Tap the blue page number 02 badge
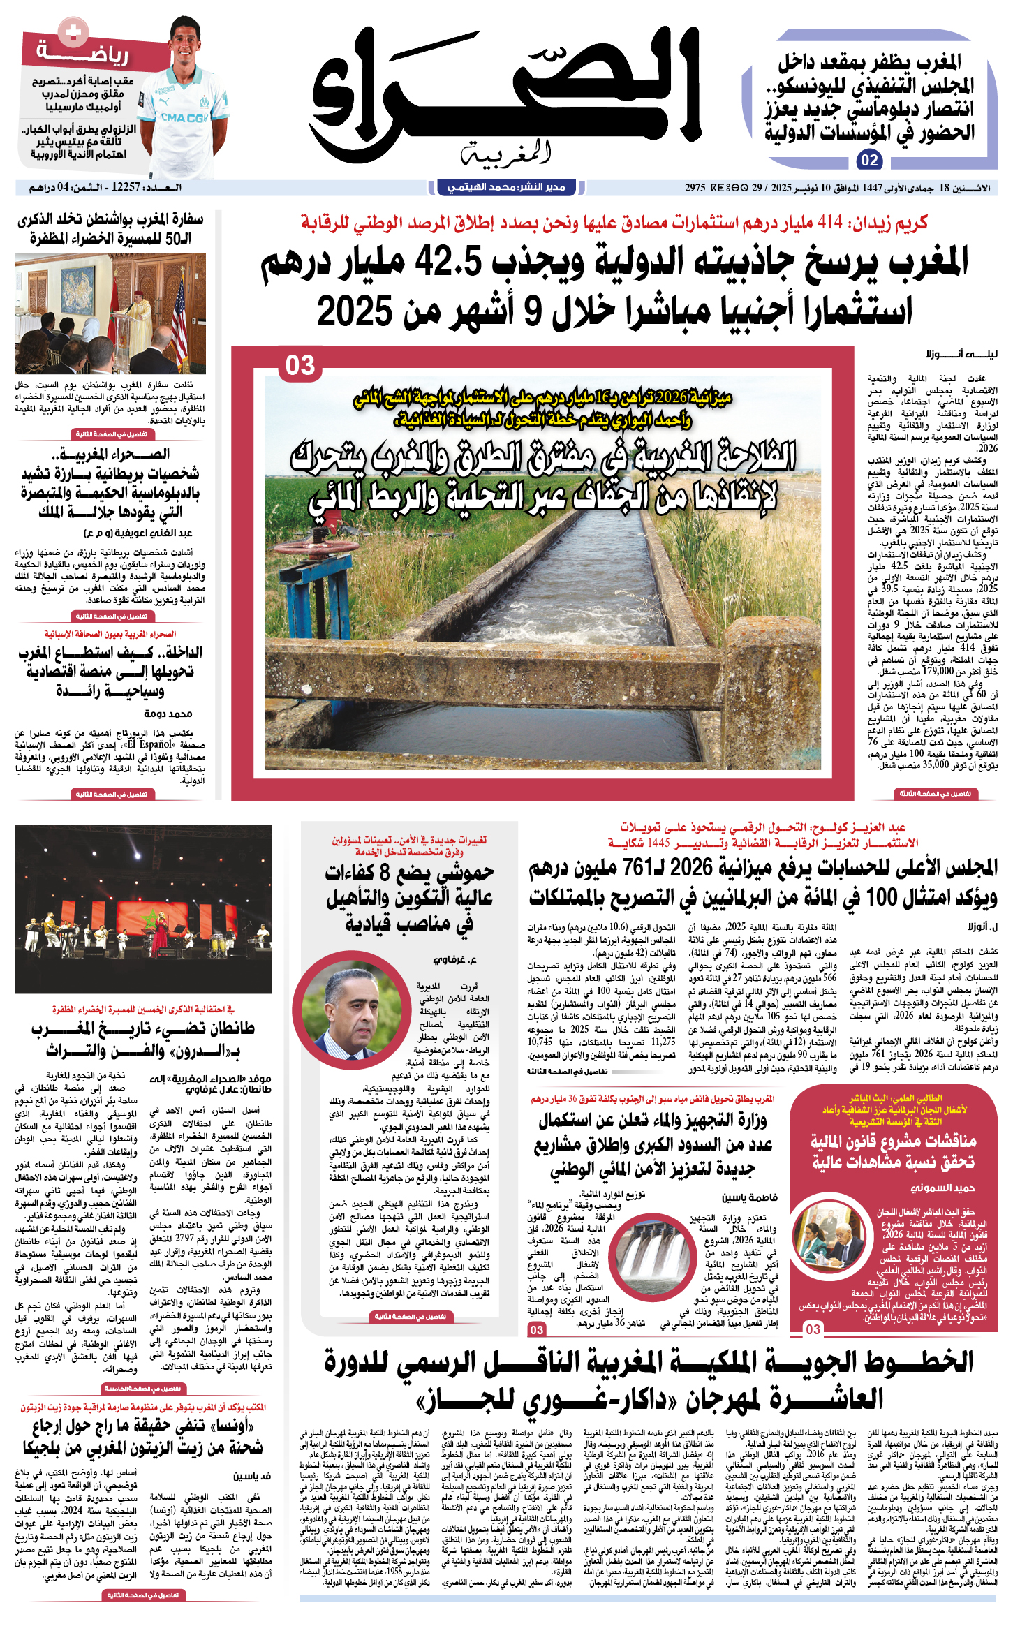pos(869,160)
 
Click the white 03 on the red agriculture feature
pos(300,366)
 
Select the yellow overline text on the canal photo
pos(542,408)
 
